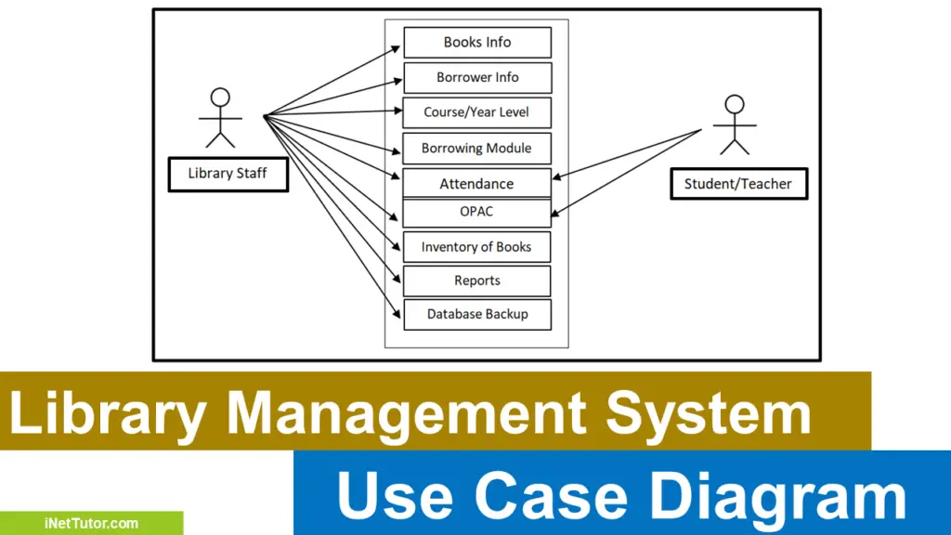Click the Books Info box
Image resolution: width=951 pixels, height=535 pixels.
coord(476,42)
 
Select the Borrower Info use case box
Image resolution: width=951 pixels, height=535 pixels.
coord(476,77)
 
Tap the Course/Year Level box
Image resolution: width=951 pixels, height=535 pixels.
coord(476,112)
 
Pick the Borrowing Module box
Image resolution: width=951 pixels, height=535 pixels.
coord(476,148)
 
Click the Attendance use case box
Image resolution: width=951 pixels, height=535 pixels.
coord(476,183)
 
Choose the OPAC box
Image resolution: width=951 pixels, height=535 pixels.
coord(476,212)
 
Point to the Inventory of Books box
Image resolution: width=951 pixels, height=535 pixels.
coord(476,247)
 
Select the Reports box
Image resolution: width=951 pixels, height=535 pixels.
coord(476,281)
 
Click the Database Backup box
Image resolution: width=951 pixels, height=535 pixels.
coord(476,314)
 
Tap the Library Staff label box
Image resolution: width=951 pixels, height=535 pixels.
coord(228,174)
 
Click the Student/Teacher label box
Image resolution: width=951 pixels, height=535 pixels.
coord(738,184)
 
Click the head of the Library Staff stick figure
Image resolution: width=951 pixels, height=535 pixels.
coord(220,97)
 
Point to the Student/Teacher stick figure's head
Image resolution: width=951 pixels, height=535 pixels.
coord(735,104)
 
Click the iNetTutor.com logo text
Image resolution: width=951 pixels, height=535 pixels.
coord(91,523)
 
